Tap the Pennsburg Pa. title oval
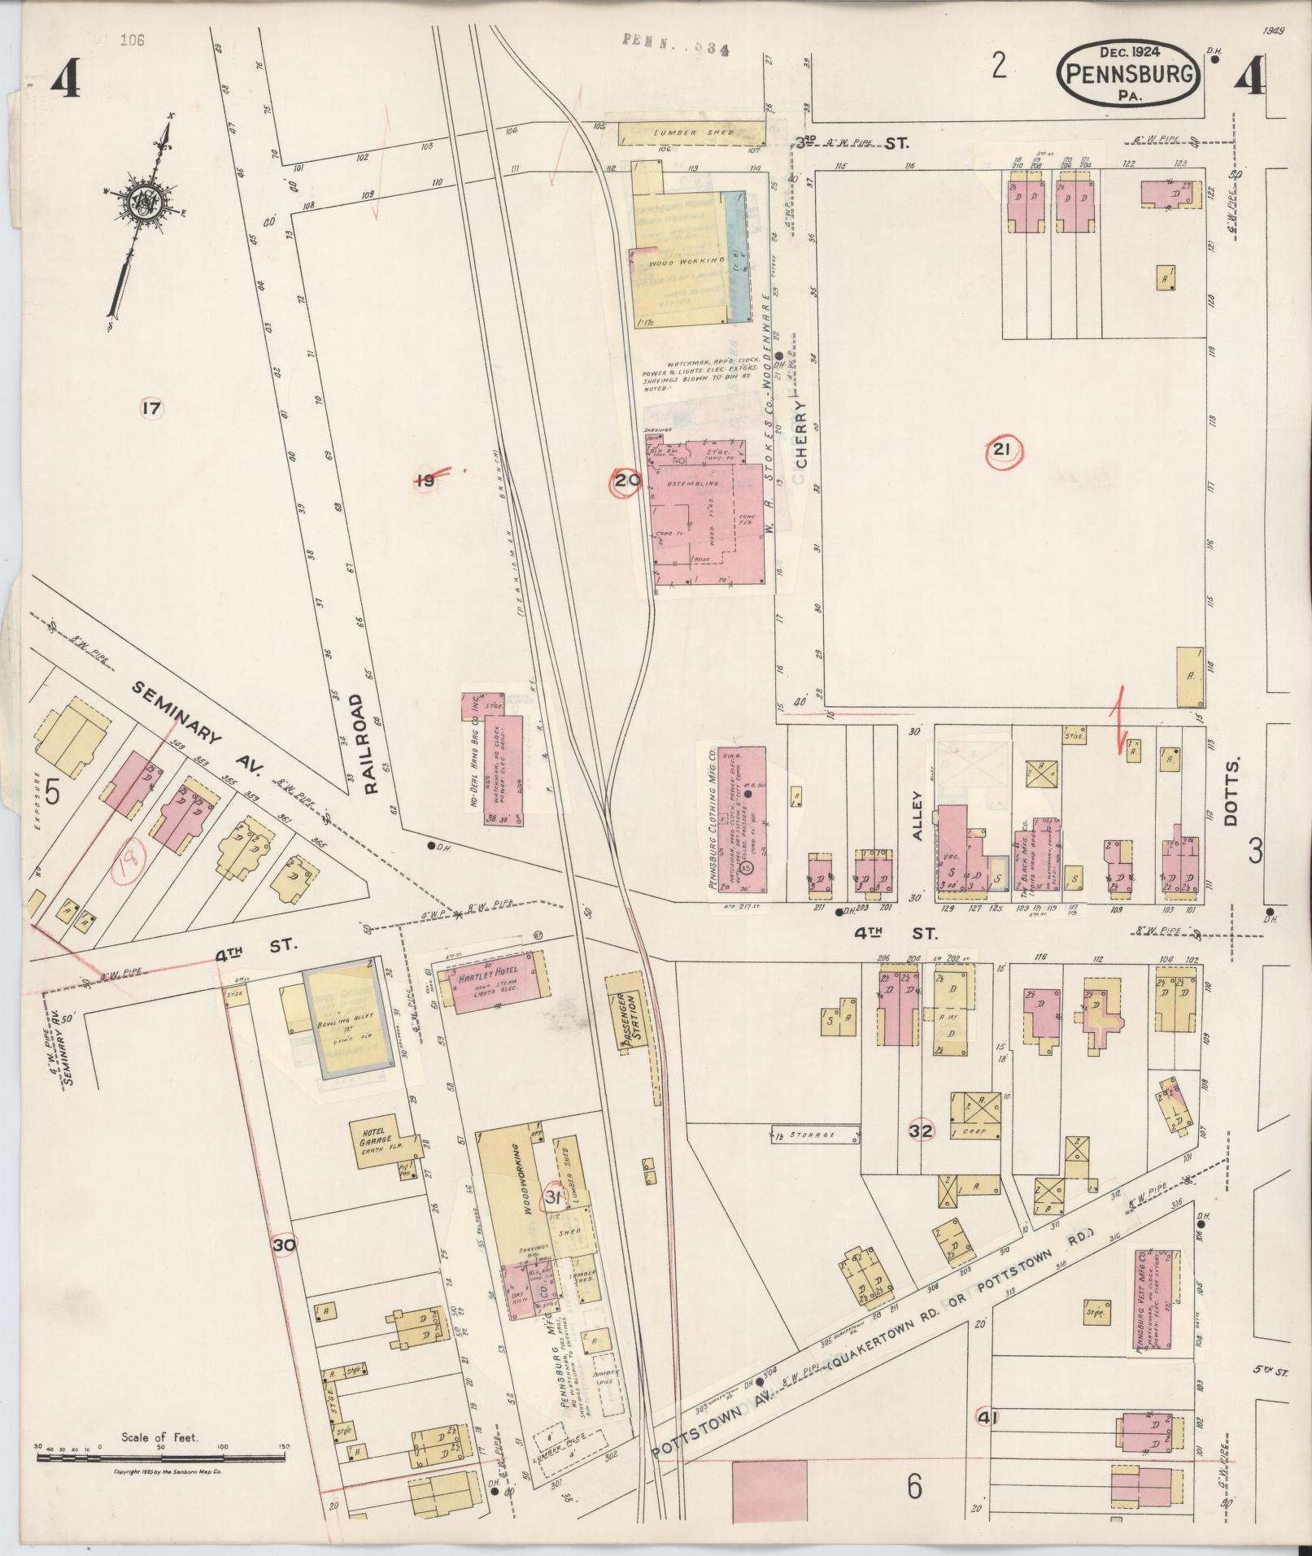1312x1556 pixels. (1129, 73)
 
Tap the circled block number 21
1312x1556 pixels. (1001, 452)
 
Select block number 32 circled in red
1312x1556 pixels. (922, 1131)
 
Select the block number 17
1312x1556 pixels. (151, 408)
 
